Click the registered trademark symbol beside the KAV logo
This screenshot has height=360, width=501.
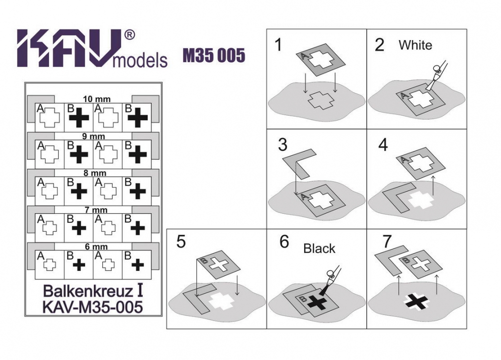[129, 35]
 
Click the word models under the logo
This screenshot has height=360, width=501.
[140, 60]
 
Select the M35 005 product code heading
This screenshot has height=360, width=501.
[214, 55]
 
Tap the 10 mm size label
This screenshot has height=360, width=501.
[97, 99]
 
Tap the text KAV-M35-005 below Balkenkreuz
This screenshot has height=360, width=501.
[93, 307]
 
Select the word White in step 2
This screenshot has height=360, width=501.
[415, 45]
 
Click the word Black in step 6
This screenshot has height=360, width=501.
[319, 248]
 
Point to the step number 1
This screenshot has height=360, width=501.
[279, 45]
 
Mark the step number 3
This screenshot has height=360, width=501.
[283, 145]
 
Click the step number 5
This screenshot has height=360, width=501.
[181, 242]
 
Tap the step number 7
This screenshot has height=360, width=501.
[387, 241]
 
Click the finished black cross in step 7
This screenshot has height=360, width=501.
[416, 302]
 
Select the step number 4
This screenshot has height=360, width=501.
[383, 145]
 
